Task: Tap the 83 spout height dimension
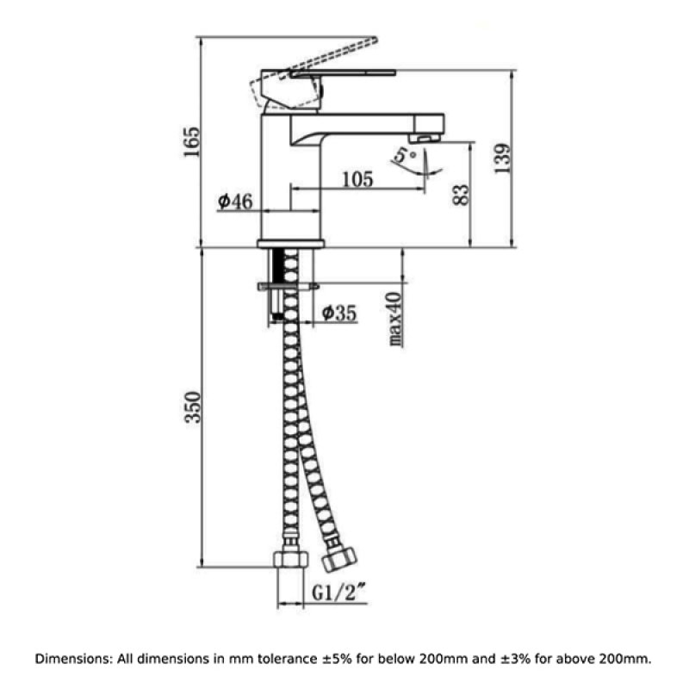click(x=461, y=194)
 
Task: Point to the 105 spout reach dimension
click(x=357, y=179)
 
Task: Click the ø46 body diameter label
click(x=234, y=202)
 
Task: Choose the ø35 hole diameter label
click(x=339, y=313)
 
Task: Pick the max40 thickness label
click(x=394, y=319)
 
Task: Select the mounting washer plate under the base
click(x=288, y=286)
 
